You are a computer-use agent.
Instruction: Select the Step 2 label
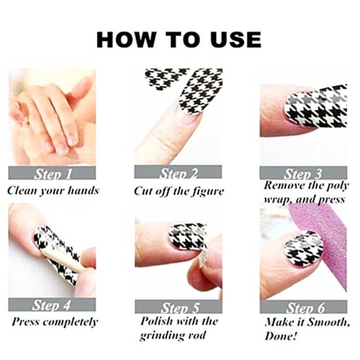[x=178, y=173]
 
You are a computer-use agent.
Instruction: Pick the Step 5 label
[x=178, y=307]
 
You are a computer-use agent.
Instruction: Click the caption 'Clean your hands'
[x=53, y=191]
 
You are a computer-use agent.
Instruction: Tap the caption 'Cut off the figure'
[x=179, y=191]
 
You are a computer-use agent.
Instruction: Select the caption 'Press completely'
[x=55, y=322]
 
